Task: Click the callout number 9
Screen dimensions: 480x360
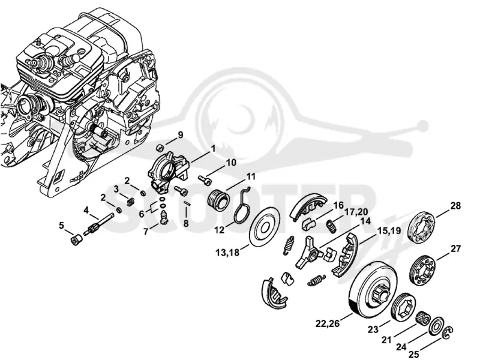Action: pos(181,135)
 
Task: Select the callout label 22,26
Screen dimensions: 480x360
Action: pos(327,323)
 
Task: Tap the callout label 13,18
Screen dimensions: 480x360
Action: pos(227,253)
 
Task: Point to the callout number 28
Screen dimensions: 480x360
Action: pos(455,206)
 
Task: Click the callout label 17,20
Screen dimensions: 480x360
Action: pos(355,212)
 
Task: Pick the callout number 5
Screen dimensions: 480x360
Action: pos(62,226)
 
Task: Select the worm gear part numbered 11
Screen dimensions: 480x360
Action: pos(218,200)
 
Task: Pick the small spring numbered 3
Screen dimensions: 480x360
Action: pos(131,201)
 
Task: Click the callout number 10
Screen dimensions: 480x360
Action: pos(232,162)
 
